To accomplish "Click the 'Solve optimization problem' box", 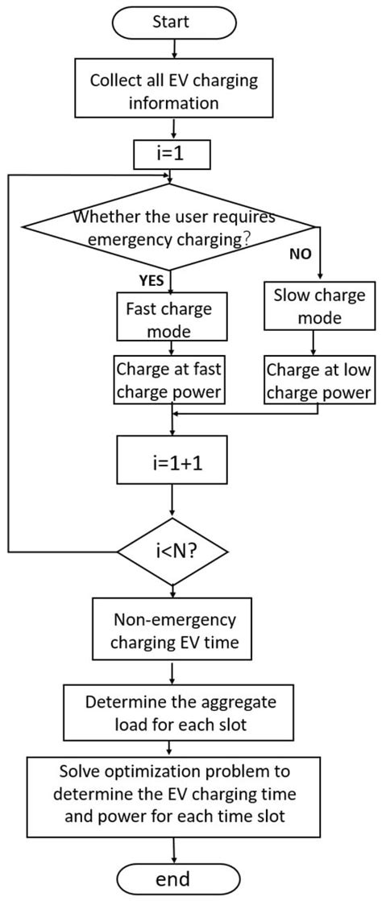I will click(x=175, y=794).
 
